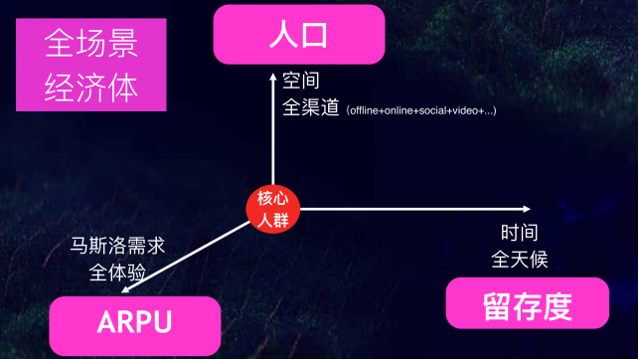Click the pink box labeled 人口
pyautogui.click(x=298, y=35)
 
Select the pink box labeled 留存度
pyautogui.click(x=526, y=303)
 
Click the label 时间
pyautogui.click(x=519, y=234)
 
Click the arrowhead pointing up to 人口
pyautogui.click(x=273, y=73)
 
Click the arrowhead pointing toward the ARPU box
pyautogui.click(x=122, y=288)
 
